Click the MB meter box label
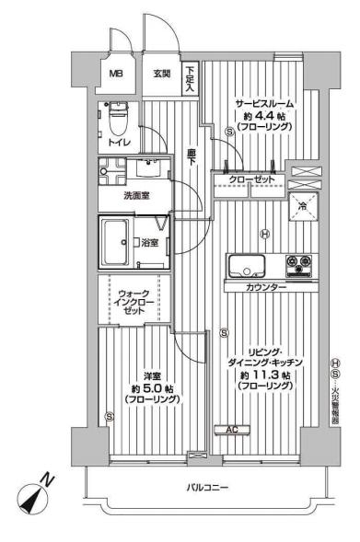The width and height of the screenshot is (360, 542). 116,74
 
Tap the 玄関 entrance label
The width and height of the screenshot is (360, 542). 162,74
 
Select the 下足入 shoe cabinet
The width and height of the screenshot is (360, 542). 190,79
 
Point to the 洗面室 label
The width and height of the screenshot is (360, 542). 136,196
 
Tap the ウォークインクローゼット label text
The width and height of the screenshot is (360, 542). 134,302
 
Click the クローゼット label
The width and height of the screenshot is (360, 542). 251,179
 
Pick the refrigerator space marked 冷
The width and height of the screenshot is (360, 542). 303,206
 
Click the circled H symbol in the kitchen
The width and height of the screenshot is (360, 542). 265,235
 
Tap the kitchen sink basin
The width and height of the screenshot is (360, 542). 247,266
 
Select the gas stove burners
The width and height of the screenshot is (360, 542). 299,265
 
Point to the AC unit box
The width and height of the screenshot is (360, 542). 232,430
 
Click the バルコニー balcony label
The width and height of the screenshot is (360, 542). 207,488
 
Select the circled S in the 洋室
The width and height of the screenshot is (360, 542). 110,416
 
